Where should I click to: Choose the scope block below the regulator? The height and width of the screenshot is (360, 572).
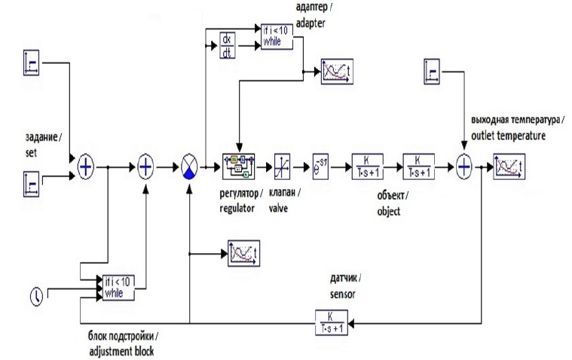click(x=243, y=252)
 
